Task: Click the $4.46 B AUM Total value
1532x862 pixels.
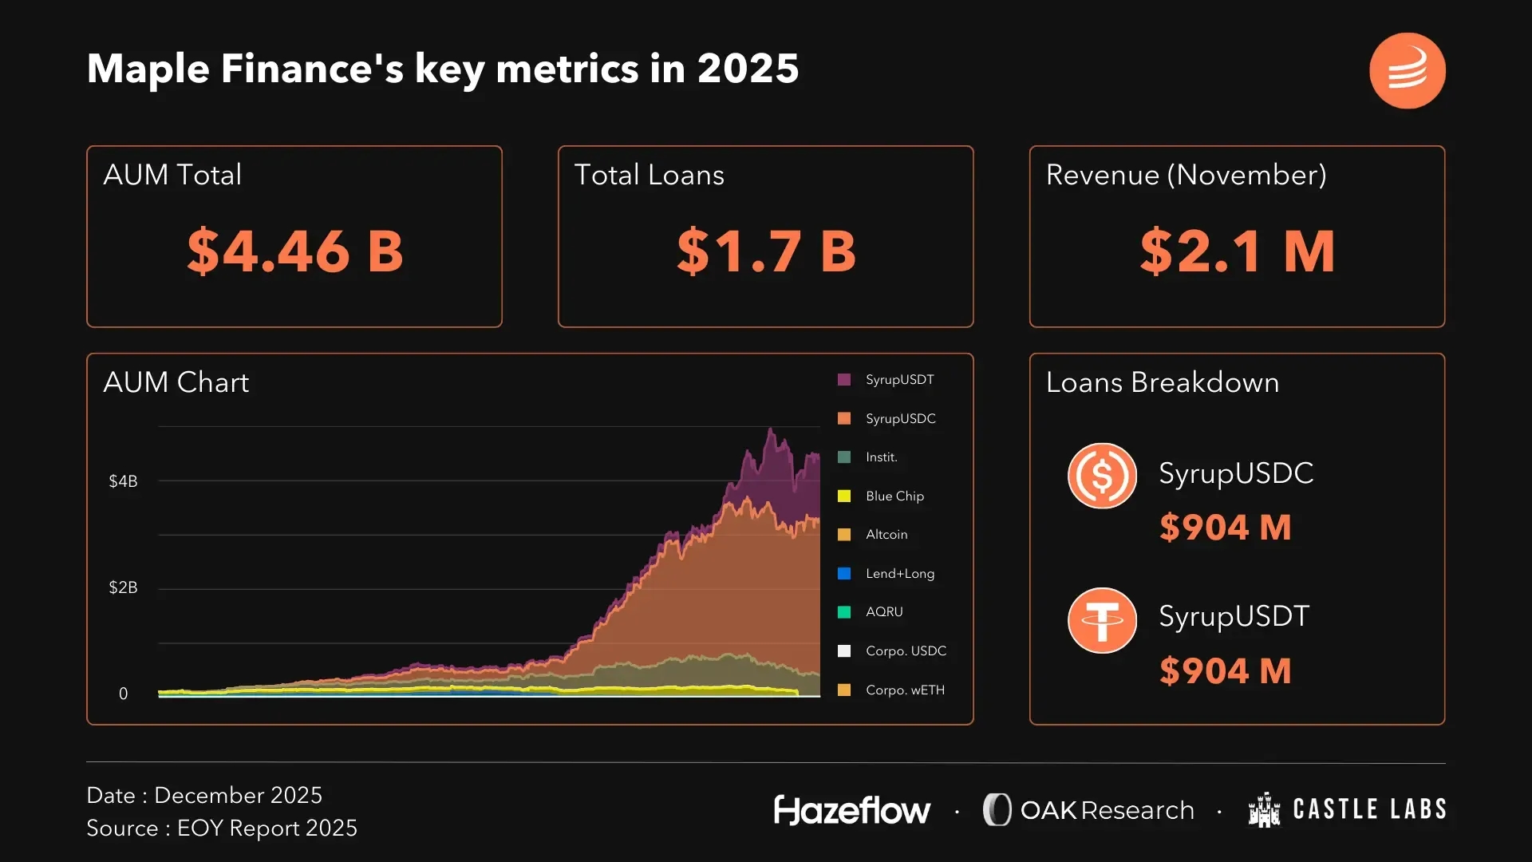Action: coord(294,251)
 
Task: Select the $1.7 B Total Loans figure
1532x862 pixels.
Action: coord(766,251)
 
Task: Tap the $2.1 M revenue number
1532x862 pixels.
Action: coord(1237,251)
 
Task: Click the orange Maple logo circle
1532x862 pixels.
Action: coord(1407,70)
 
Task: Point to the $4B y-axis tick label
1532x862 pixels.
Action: coord(123,481)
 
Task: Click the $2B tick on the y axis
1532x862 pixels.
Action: coord(123,587)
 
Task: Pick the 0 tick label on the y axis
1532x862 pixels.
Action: coord(123,694)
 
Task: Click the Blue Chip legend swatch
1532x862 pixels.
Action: coord(844,496)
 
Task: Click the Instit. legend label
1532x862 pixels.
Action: coord(882,457)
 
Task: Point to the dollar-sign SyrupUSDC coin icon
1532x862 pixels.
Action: coord(1102,476)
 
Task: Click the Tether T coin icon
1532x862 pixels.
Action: coord(1102,620)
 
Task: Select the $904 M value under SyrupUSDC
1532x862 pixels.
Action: coord(1225,528)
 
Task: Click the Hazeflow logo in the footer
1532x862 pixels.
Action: coord(851,810)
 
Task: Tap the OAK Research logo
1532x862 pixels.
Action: coord(1088,810)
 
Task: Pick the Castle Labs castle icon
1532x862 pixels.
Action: coord(1264,810)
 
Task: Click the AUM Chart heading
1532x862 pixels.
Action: coord(176,382)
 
